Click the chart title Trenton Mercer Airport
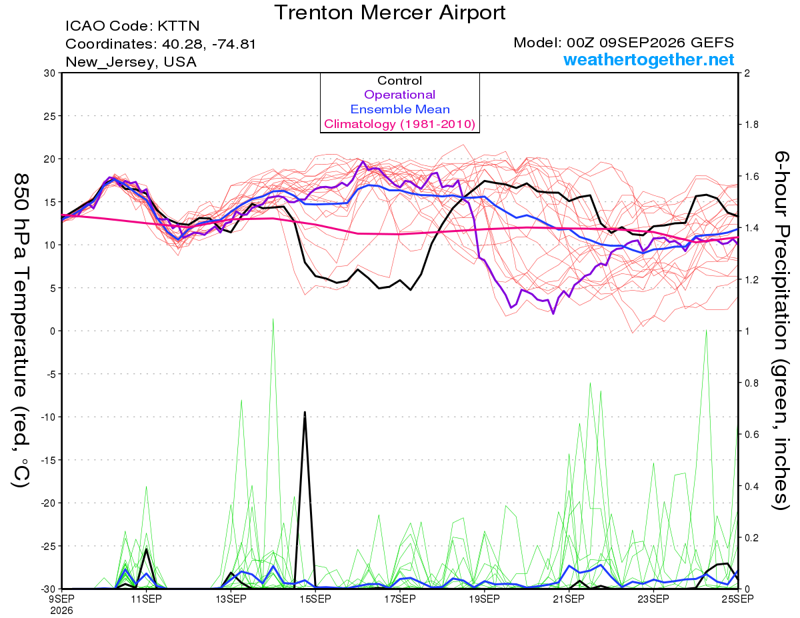point(390,13)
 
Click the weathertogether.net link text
point(649,59)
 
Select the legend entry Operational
point(399,95)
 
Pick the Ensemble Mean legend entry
point(400,109)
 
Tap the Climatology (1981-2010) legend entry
point(400,124)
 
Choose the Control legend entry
point(399,81)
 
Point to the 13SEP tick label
point(231,599)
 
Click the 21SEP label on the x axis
point(569,599)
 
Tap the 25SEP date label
point(737,599)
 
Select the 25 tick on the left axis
point(49,116)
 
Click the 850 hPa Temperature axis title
point(21,330)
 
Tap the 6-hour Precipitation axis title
point(780,330)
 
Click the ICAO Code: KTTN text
point(133,26)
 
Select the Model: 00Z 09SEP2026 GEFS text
point(623,43)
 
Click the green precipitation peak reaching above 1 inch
point(273,319)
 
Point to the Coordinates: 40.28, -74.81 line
point(161,44)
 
